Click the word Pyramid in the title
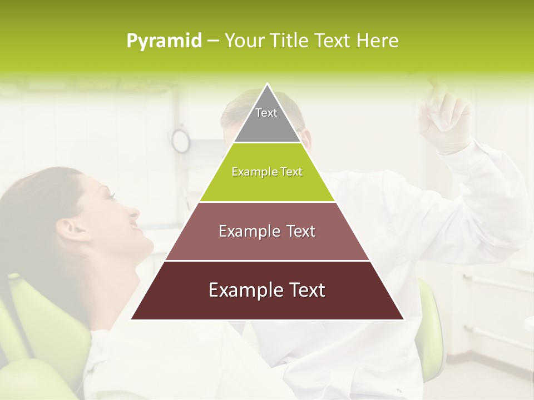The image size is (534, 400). [164, 41]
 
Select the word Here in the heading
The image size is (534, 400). [377, 41]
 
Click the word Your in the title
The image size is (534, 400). [244, 41]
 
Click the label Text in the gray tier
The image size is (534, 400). [266, 113]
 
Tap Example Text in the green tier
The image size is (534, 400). [267, 172]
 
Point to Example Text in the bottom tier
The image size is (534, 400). [267, 290]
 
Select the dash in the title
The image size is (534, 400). [213, 41]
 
